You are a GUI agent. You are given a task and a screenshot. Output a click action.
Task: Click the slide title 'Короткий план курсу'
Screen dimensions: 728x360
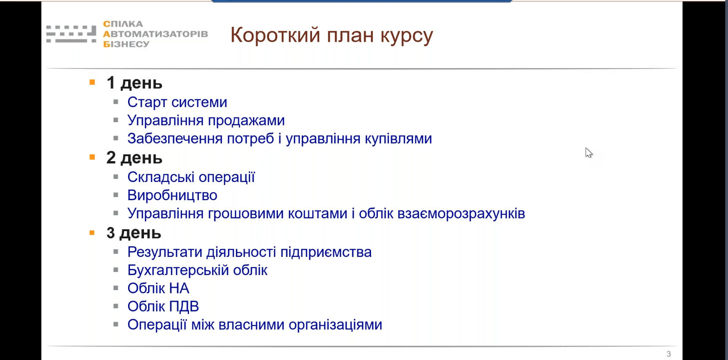pos(332,35)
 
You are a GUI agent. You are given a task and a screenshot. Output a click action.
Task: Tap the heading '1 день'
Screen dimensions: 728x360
pos(134,83)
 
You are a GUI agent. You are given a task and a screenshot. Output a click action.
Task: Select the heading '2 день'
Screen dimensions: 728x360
pos(134,158)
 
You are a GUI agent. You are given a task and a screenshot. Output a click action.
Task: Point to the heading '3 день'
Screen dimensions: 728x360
pos(134,233)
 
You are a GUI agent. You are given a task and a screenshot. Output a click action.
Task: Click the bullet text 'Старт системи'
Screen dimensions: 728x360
pos(177,102)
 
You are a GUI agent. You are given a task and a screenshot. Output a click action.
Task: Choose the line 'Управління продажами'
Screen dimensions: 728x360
pos(206,121)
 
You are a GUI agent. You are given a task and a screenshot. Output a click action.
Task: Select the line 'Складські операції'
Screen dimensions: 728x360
pos(191,177)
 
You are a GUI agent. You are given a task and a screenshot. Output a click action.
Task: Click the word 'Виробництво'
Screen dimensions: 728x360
pos(172,195)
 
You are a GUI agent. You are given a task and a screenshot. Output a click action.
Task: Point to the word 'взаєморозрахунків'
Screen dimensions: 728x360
pos(461,213)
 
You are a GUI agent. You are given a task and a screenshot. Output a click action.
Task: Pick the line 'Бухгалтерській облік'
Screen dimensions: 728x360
pos(197,270)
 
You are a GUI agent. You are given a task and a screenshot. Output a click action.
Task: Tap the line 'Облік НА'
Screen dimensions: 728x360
pos(158,288)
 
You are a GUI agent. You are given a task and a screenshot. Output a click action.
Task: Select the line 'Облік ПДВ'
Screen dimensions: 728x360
pos(163,306)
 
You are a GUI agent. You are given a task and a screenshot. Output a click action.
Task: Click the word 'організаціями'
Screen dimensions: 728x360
pos(336,325)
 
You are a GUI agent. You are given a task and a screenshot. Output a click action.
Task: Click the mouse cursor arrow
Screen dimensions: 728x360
pos(589,153)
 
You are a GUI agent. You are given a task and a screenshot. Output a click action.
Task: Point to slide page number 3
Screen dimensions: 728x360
pos(669,354)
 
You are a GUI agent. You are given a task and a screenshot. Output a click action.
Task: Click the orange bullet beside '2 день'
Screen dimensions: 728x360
pos(92,157)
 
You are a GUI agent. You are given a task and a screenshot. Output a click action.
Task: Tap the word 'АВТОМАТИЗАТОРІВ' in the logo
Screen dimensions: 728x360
pos(156,34)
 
